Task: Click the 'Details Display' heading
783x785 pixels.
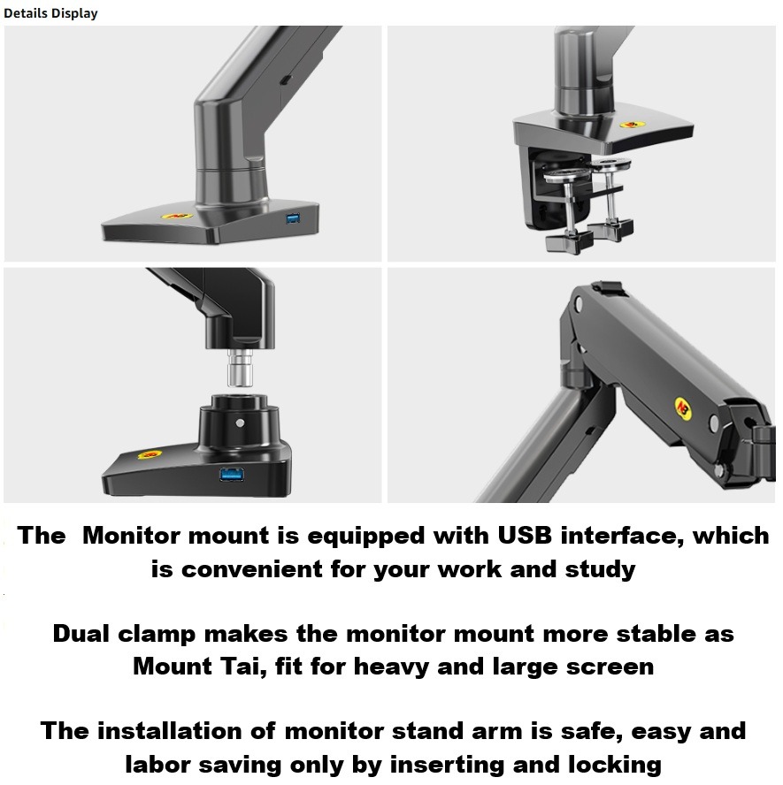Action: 50,13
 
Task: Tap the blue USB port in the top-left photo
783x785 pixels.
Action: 293,218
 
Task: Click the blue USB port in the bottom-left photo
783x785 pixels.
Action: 232,474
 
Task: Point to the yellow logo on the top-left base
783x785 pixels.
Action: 176,216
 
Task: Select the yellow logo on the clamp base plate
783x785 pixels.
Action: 633,124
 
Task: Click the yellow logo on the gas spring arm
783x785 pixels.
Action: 683,408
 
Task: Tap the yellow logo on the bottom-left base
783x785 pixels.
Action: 150,454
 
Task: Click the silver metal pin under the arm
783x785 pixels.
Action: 240,368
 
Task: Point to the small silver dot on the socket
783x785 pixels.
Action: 240,423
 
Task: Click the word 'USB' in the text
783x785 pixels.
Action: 525,535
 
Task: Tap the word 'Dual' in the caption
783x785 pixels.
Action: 81,633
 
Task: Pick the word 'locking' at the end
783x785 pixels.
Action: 615,766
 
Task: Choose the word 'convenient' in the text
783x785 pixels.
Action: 251,569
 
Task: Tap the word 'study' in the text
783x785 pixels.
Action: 601,570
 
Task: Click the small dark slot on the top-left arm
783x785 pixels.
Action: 286,80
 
